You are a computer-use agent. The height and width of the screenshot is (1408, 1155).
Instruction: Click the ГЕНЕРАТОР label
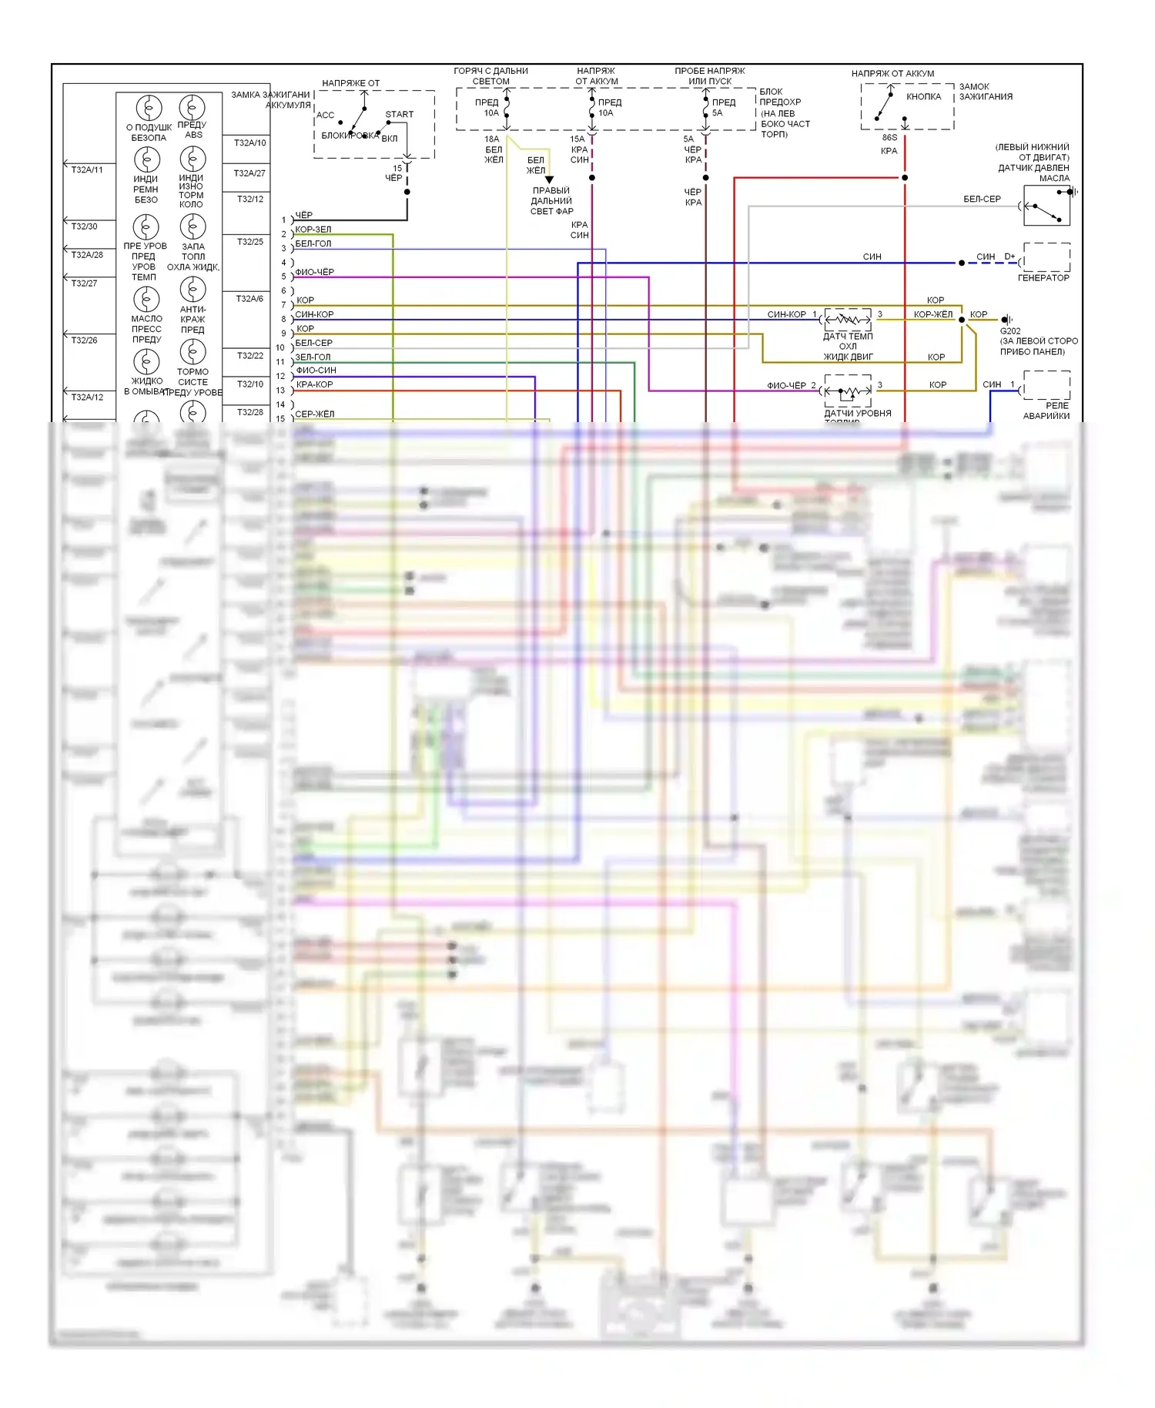click(1043, 278)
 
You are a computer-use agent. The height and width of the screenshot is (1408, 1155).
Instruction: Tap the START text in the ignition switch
click(399, 115)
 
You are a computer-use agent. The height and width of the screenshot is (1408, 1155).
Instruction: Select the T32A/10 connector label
click(249, 143)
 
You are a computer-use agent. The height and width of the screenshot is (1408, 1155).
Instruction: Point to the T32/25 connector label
click(249, 242)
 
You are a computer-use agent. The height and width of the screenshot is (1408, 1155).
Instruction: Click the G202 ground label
click(1010, 331)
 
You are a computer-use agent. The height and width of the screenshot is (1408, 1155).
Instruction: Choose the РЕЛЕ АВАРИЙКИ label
click(1046, 411)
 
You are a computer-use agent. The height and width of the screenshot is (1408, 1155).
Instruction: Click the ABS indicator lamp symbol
click(192, 108)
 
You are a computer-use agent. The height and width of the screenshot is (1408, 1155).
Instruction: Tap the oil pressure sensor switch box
click(1046, 206)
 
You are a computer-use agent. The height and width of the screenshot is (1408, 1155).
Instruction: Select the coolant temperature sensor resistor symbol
click(848, 319)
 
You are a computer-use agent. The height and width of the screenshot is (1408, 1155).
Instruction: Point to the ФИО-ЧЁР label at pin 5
click(314, 272)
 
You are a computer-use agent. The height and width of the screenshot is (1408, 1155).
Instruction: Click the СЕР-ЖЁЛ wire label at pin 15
click(314, 414)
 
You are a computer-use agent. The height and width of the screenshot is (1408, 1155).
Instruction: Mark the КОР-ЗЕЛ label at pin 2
click(313, 230)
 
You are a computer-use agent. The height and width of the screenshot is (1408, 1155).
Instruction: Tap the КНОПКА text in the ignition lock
click(923, 97)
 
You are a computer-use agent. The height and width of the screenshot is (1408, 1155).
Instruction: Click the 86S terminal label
click(889, 138)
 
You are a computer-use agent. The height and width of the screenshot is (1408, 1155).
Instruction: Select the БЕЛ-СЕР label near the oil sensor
click(982, 199)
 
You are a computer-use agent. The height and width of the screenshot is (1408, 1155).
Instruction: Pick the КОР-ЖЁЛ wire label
click(932, 314)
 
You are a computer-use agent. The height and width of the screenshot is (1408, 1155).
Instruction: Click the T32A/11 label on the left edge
click(87, 170)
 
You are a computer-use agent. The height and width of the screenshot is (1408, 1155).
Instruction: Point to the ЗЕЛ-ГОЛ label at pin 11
click(313, 357)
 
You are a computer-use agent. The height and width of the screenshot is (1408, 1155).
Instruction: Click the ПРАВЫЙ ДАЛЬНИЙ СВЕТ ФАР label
click(551, 201)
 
